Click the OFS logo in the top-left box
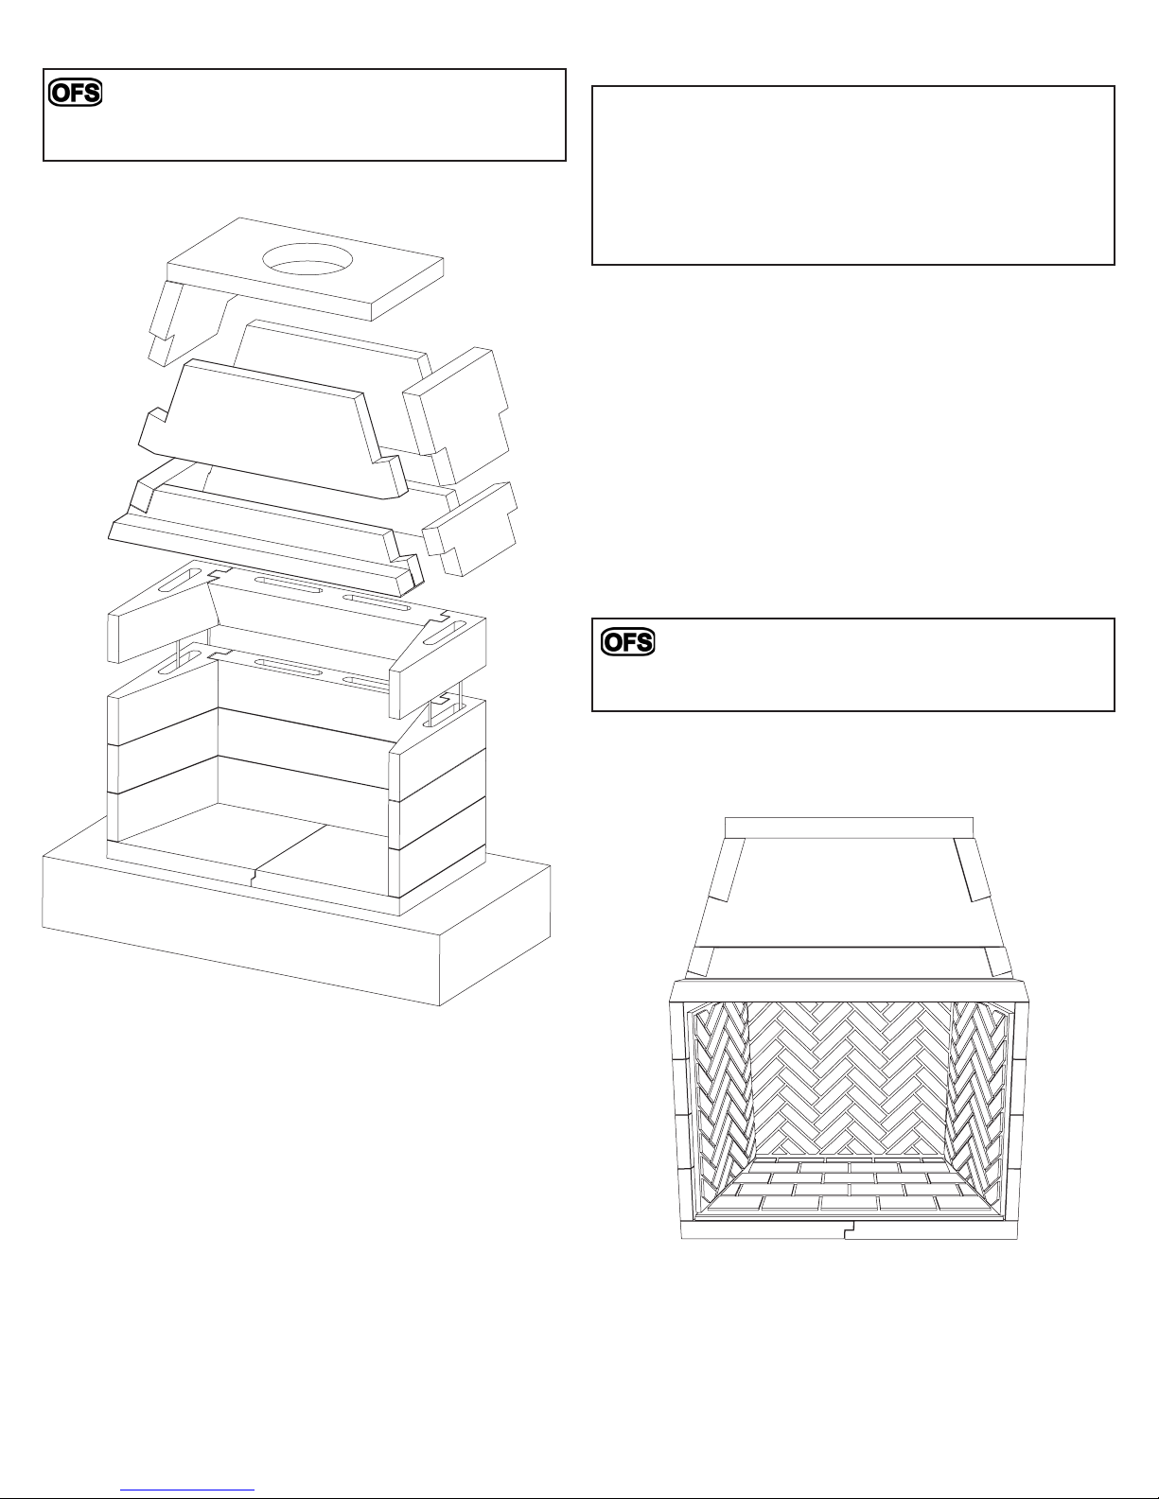[x=75, y=93]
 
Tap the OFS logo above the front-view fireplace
[x=628, y=642]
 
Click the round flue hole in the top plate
[x=307, y=260]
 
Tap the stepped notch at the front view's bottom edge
[x=850, y=1229]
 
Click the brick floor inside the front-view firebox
[x=850, y=1188]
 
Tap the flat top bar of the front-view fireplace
[x=849, y=828]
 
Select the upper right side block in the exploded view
[x=457, y=415]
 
